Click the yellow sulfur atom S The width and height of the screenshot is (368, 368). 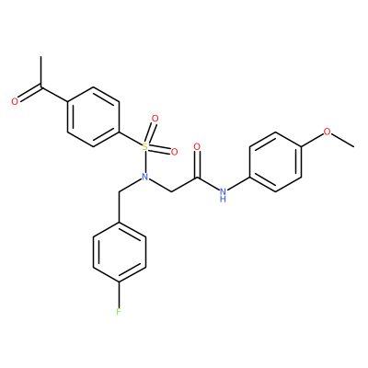(x=145, y=147)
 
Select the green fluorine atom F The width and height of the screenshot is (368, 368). (x=119, y=312)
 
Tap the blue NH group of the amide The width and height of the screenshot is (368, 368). (x=224, y=195)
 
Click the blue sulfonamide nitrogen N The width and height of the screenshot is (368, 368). (x=145, y=177)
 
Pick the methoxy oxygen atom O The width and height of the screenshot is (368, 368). (x=328, y=132)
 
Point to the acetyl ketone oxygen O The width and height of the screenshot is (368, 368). (x=14, y=101)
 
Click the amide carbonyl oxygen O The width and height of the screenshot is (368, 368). (x=197, y=146)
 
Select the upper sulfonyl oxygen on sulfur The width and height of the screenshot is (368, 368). (x=155, y=119)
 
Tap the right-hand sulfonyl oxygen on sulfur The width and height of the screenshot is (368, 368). (x=174, y=151)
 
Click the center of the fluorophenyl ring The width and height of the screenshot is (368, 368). (x=119, y=252)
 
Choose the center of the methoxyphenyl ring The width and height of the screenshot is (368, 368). (x=275, y=162)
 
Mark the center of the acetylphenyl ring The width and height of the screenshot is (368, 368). (x=93, y=117)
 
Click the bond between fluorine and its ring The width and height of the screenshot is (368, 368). (x=119, y=294)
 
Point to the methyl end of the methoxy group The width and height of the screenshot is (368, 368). (x=354, y=147)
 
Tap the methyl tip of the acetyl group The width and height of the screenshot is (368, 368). (x=40, y=57)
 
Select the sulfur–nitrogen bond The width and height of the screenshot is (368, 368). (x=145, y=162)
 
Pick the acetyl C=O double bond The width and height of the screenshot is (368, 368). (x=29, y=94)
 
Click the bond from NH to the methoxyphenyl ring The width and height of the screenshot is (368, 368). (x=238, y=185)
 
